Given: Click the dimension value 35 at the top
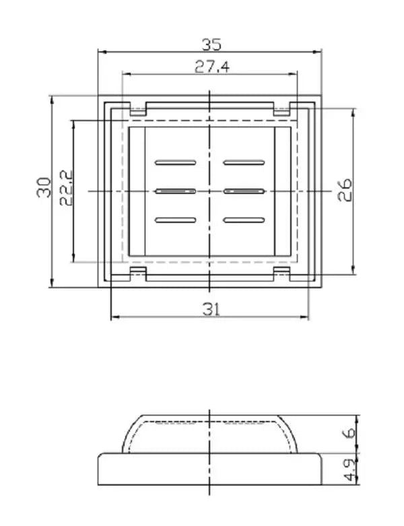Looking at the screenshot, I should click(211, 44).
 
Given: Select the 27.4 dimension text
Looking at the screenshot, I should click(211, 66).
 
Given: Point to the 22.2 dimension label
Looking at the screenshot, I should click(65, 187).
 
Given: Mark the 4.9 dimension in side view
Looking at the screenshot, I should click(349, 469).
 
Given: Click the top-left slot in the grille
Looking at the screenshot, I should click(175, 162).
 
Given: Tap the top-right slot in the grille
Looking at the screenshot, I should click(244, 162).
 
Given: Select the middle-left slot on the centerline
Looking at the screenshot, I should click(175, 191).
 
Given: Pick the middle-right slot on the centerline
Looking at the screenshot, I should click(244, 191).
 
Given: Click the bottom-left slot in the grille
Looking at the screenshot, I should click(175, 220).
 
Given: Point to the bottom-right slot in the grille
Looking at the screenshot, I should click(244, 220).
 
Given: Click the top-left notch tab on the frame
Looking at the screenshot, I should click(138, 108).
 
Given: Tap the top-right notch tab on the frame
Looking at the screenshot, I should click(281, 108).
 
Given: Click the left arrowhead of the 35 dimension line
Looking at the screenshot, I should click(102, 52).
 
